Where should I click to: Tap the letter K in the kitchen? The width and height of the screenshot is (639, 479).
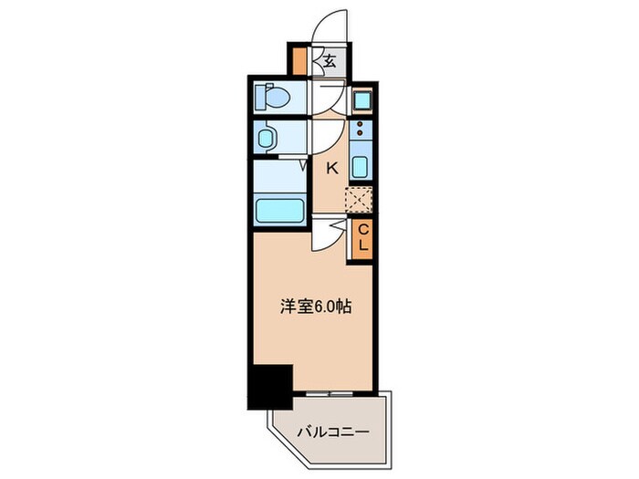click(332, 167)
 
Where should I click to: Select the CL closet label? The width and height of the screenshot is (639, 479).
click(361, 238)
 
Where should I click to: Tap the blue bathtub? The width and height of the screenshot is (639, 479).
click(280, 211)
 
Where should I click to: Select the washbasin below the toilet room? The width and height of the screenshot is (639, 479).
click(267, 139)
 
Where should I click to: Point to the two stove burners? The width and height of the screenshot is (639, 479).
click(360, 133)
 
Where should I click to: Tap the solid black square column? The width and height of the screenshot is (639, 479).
click(269, 385)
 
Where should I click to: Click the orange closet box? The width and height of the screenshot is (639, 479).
click(361, 238)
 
